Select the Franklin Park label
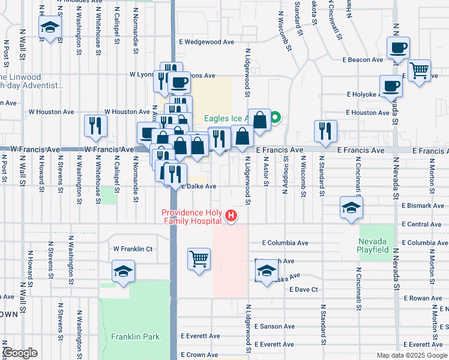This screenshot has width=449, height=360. (135, 337)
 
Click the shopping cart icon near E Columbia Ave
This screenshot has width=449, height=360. (199, 259)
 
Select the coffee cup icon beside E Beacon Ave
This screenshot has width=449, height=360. (397, 47)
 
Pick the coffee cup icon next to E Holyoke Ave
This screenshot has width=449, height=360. (391, 86)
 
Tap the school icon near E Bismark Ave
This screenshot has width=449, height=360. (351, 208)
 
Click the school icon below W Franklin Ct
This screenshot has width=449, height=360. (123, 271)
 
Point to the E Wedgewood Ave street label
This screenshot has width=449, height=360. (207, 42)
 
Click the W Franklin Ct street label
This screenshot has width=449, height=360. (133, 248)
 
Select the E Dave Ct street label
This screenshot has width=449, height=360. (303, 289)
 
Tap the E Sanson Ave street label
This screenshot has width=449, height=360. (274, 326)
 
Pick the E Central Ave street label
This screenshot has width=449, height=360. (421, 224)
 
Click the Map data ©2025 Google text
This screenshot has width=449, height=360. (411, 355)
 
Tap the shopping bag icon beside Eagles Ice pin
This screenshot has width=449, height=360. (260, 119)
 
